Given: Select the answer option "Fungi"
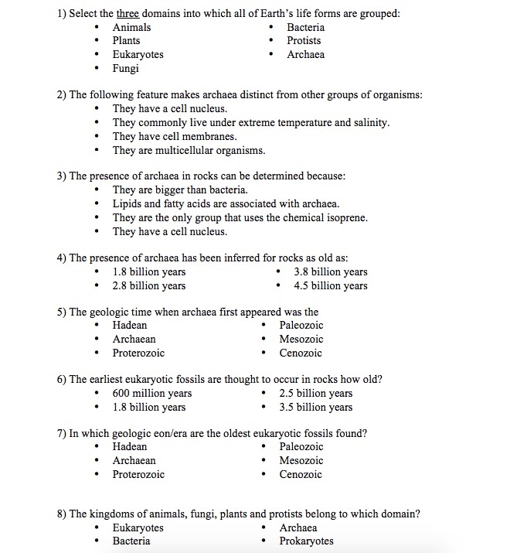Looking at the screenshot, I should [x=126, y=69].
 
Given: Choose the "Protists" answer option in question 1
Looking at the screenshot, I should [x=304, y=41].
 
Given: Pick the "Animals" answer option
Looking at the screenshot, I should [x=131, y=27].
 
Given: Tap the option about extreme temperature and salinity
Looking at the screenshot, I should [x=250, y=123].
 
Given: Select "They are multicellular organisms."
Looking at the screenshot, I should [x=189, y=151].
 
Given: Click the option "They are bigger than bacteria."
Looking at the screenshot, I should [x=179, y=190].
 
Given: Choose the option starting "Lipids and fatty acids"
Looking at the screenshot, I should [x=226, y=204].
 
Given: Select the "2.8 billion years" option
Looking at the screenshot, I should [x=148, y=286].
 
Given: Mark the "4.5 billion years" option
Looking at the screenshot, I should [x=331, y=286].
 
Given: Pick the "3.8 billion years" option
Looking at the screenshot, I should [x=331, y=272].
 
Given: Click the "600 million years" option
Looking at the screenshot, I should [x=151, y=394].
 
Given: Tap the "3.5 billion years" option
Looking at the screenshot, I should [x=315, y=408].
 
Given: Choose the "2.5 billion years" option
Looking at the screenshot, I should [x=315, y=394].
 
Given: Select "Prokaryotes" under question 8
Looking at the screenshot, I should [x=306, y=541].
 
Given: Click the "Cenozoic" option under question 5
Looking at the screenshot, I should [x=301, y=353].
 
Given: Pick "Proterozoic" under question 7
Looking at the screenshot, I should [x=138, y=475].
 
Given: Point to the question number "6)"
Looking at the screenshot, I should [x=61, y=380].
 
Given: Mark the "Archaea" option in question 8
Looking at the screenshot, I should [x=298, y=527].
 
